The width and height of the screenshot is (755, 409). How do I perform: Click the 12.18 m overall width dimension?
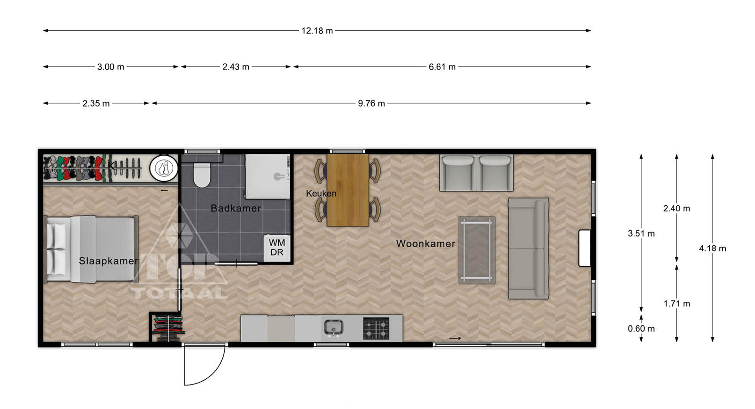[x=317, y=31]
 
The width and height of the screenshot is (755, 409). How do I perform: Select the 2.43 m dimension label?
[x=235, y=67]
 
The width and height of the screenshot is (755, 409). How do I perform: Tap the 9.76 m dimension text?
[x=371, y=103]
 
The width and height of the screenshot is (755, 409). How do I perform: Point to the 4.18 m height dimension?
[x=712, y=248]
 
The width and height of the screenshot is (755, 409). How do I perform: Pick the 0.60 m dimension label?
[x=641, y=328]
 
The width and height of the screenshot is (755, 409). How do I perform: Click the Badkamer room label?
[x=235, y=208]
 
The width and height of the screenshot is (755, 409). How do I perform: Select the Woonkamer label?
[x=425, y=243]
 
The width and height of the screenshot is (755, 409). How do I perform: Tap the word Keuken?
[x=321, y=193]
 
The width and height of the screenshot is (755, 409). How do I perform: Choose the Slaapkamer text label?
[x=109, y=261]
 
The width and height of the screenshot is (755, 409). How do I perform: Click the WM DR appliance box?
[x=277, y=248]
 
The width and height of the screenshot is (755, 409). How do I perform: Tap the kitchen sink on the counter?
[x=333, y=328]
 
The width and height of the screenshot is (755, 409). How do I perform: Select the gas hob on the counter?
[x=376, y=328]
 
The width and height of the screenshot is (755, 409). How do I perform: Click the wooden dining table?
[x=347, y=190]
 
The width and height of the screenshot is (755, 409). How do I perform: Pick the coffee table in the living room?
[x=477, y=250]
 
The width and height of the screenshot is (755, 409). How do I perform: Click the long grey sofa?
[x=528, y=249]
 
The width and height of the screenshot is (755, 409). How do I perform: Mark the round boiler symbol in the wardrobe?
[x=164, y=167]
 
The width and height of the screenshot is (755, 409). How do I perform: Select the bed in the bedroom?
[x=91, y=249]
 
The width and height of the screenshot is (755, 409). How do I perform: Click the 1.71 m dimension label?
[x=677, y=303]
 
